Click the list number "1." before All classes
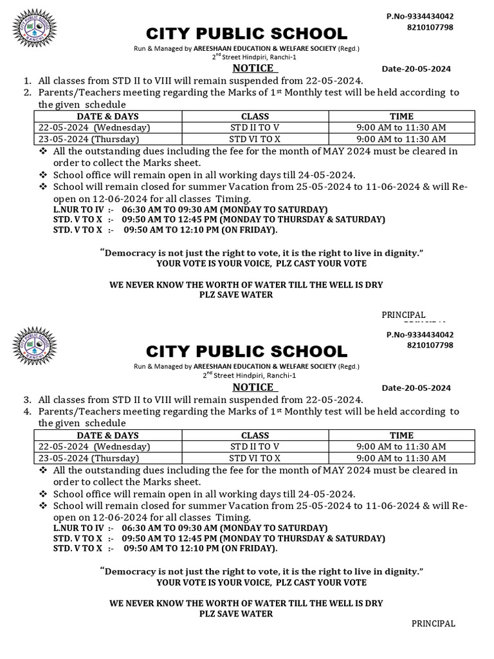(x=27, y=81)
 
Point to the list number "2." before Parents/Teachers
(x=27, y=93)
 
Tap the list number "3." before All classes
(x=27, y=400)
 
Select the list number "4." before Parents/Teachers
(x=27, y=411)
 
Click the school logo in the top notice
(x=35, y=31)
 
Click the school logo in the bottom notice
(x=35, y=349)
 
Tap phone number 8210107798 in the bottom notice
(x=430, y=346)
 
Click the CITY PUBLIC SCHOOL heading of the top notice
(x=246, y=33)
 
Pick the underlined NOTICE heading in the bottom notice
(x=253, y=387)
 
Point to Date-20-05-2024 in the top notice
(x=416, y=69)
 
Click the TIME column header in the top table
(x=401, y=116)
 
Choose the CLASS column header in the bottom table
(x=255, y=435)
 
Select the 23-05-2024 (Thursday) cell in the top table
(x=89, y=139)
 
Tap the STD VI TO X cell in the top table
(x=255, y=139)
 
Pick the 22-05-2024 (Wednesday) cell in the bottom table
(x=89, y=447)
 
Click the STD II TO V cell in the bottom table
(x=255, y=447)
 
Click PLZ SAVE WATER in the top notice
(x=236, y=295)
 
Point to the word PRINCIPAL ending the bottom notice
(x=434, y=624)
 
